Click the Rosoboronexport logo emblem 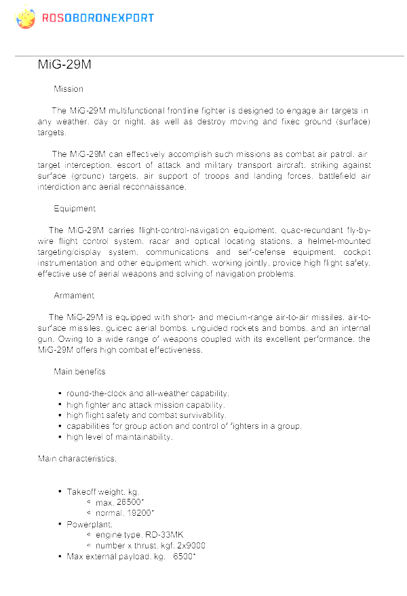click(24, 17)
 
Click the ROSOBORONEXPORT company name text click(98, 18)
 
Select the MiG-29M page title click(64, 65)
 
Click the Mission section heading click(69, 89)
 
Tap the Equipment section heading click(75, 209)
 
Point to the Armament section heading click(74, 296)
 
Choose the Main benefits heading click(79, 372)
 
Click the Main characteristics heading click(77, 459)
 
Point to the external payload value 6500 click(184, 557)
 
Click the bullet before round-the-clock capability click(60, 393)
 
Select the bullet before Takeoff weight click(60, 491)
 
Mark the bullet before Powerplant click(60, 524)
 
